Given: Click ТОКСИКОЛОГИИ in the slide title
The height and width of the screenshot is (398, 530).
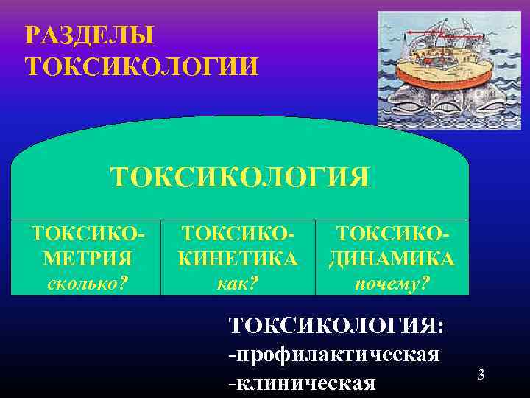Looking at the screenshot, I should click(141, 66).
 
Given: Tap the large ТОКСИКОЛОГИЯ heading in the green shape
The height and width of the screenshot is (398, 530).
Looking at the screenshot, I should click(240, 178).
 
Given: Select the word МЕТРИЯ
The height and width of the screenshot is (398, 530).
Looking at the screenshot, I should click(88, 259).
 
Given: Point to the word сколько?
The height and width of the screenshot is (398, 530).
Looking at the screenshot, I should click(88, 282).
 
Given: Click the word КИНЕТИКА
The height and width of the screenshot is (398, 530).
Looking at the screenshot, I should click(239, 259).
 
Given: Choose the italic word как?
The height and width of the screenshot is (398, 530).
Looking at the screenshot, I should click(239, 282).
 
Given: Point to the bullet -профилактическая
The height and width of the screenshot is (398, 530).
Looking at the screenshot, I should click(335, 355).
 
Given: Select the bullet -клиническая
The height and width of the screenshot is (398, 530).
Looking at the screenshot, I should click(303, 383).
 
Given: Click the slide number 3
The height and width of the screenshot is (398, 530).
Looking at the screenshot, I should click(481, 375).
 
